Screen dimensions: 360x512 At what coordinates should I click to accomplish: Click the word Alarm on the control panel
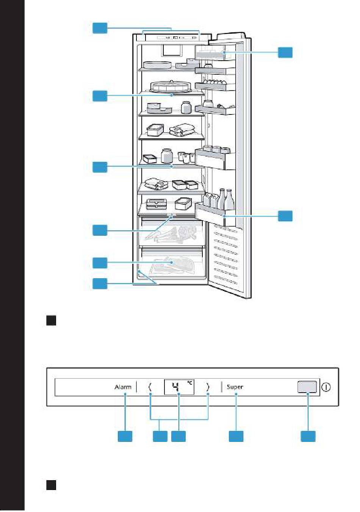[x=123, y=387]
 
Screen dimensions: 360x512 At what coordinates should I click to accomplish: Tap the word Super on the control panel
[x=235, y=387]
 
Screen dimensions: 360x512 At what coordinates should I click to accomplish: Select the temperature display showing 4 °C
[x=179, y=387]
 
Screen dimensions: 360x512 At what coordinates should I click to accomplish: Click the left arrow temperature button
[x=150, y=387]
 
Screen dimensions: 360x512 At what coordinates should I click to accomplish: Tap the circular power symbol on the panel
[x=326, y=387]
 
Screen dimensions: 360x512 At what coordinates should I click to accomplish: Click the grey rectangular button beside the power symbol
[x=307, y=387]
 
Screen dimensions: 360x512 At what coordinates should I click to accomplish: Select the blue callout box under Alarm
[x=125, y=436]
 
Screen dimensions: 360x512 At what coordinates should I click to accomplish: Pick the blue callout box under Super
[x=236, y=436]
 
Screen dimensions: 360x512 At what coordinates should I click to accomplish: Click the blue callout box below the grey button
[x=308, y=436]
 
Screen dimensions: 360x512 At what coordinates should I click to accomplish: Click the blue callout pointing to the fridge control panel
[x=100, y=28]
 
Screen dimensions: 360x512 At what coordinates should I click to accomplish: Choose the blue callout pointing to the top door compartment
[x=285, y=52]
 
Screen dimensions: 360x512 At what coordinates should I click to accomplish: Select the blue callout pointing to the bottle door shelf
[x=285, y=216]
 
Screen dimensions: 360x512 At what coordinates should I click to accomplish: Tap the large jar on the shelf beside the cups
[x=166, y=156]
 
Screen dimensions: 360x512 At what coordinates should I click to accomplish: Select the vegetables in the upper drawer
[x=171, y=233]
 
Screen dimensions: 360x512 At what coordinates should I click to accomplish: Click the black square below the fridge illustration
[x=51, y=321]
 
